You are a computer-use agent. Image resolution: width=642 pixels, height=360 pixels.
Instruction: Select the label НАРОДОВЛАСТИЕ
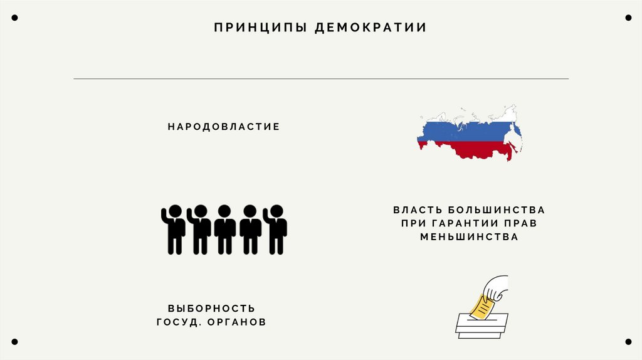223,127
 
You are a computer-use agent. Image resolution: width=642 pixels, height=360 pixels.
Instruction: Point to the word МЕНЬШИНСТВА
469,237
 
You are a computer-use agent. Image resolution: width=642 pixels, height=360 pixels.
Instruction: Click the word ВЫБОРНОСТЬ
211,309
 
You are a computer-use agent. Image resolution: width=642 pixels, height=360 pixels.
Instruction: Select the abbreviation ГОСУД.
177,322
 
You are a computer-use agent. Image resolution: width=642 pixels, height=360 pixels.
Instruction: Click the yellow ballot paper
481,305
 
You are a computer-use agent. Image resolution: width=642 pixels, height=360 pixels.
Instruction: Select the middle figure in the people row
224,229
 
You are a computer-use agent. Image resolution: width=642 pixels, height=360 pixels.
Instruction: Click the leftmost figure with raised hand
174,229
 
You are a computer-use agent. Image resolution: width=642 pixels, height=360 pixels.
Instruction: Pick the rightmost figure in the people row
275,229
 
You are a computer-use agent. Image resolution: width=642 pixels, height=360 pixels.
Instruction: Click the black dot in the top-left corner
14,18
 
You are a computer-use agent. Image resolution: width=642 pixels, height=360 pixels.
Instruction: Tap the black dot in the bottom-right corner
628,342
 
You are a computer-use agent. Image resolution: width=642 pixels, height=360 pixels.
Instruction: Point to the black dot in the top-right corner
628,18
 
